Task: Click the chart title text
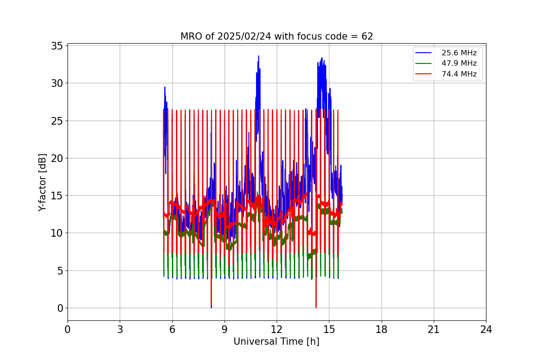276,36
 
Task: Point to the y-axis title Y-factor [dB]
42,182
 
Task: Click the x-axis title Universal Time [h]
276,342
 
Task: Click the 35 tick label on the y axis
57,45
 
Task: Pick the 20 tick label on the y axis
57,158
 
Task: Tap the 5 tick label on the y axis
59,270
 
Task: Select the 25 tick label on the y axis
57,121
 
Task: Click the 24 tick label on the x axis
486,329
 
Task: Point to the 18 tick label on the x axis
381,329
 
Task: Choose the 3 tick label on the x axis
120,329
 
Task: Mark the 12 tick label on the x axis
277,329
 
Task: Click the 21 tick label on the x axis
434,329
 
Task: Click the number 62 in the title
367,36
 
